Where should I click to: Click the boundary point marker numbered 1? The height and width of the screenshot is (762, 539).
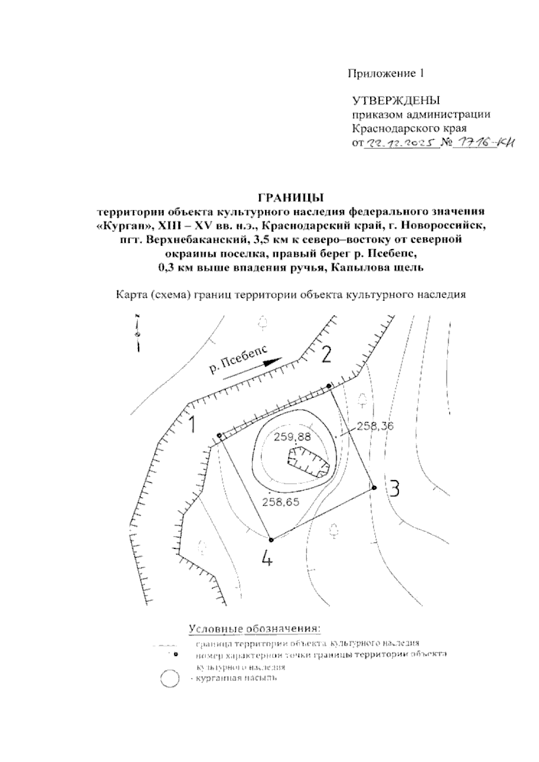coord(219,436)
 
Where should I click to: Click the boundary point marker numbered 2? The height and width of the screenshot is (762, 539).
coord(329,386)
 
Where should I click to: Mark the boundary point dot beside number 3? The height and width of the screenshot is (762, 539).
coord(374,487)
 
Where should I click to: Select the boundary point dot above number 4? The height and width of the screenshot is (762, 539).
coord(271,539)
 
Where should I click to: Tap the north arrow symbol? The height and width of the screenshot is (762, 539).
coord(138,333)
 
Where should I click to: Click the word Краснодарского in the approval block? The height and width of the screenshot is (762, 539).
coord(387,129)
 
